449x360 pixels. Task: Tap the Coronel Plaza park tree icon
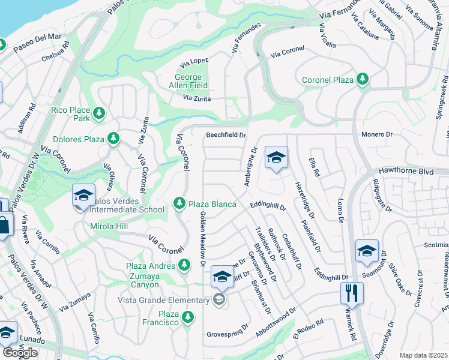362,79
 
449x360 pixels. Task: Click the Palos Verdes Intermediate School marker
83,195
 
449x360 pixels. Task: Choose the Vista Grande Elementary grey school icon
219,299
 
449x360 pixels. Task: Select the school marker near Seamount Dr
367,251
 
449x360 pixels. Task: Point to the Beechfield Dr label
226,136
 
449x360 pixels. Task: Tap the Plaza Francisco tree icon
188,316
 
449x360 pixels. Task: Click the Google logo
20,352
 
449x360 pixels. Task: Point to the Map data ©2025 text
423,355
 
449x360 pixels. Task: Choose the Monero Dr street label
376,136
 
